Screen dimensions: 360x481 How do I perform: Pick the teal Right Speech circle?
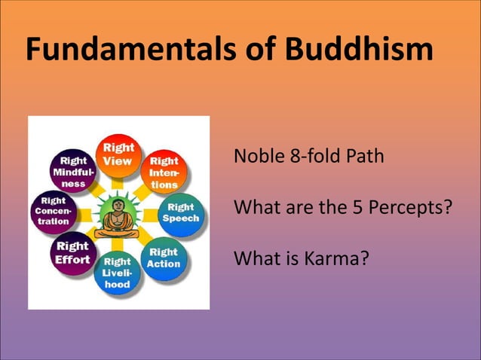(181, 212)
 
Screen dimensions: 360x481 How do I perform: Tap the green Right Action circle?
(164, 258)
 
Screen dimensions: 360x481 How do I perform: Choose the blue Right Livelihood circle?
(117, 273)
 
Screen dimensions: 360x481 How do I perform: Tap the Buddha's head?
(118, 205)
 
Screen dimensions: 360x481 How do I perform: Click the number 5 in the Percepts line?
(354, 207)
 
